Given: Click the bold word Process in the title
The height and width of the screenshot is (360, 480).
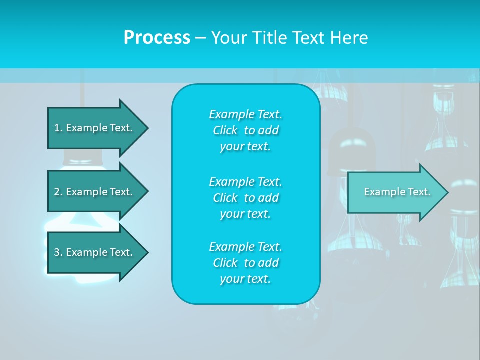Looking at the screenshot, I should pos(157,37).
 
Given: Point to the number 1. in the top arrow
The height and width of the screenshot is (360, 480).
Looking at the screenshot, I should pos(58,128).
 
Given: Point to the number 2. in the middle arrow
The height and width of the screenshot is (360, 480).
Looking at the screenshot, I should pos(58,192).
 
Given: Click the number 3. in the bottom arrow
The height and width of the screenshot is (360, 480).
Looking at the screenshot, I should pos(58,252).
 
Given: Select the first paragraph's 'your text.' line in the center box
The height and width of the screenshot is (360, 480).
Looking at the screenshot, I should pos(245,147).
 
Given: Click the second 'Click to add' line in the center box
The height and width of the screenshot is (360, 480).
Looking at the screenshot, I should pos(245,198).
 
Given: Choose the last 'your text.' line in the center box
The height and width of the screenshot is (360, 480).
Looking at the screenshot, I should pos(245,279).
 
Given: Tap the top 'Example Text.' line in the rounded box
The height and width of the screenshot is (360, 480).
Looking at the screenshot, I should pos(245,114).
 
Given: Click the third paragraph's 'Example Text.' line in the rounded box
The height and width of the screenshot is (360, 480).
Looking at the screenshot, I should pos(245,247).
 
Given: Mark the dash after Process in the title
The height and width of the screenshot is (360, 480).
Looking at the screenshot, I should pos(200,37).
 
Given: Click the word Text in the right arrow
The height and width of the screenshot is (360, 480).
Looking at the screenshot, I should pos(420,192).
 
